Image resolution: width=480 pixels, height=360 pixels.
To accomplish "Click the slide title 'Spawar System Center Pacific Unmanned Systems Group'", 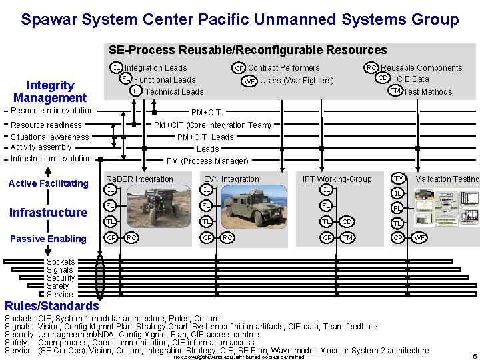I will (239, 19).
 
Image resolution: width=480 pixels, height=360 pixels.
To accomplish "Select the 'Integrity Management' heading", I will (50, 92).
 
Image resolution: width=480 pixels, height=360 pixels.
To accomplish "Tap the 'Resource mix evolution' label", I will (52, 111).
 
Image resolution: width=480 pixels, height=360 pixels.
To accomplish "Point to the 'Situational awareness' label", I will (49, 137).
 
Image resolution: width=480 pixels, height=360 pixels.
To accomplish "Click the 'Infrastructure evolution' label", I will (51, 159).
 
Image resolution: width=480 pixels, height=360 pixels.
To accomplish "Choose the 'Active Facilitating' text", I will (48, 183).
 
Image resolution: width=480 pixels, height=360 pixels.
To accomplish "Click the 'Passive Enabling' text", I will (48, 239).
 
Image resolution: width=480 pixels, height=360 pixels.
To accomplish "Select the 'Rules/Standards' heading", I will (51, 307).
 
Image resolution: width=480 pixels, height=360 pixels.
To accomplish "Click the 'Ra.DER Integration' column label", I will (139, 179).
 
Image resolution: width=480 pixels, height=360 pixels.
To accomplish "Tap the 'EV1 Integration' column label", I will (231, 179).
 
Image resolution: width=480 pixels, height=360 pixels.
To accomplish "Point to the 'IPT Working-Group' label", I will (337, 179).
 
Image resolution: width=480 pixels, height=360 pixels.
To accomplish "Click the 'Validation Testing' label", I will (447, 179).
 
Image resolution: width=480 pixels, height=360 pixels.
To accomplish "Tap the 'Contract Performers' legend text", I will (283, 68).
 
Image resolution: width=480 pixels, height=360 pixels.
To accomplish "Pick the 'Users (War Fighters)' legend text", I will (297, 81).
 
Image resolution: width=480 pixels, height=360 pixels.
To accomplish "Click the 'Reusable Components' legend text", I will (421, 68).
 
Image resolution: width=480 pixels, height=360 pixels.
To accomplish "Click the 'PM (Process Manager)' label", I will (207, 161).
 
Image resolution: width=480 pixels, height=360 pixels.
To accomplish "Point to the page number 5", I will (474, 356).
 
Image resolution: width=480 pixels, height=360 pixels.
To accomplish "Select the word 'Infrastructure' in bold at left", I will (48, 213).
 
